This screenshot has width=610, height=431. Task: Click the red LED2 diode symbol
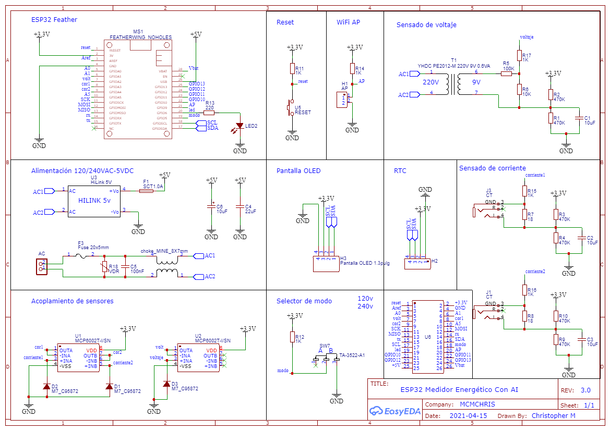click(240, 126)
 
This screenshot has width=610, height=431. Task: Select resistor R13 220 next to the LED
click(209, 113)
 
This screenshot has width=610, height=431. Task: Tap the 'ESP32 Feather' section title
click(54, 20)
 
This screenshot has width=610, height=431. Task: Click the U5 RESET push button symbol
click(290, 108)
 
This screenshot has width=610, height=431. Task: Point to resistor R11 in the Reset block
click(292, 69)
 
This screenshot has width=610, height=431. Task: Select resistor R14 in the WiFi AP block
click(352, 69)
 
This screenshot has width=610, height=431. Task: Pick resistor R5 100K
click(507, 73)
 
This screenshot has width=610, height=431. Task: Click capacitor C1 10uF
click(578, 118)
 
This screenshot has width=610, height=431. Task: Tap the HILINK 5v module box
click(94, 201)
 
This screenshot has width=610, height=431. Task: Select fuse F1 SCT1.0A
click(147, 191)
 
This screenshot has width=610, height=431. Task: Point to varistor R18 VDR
click(105, 267)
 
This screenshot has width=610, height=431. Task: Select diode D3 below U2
click(166, 384)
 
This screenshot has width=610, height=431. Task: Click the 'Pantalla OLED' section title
click(298, 170)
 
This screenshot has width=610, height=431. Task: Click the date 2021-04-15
click(468, 416)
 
